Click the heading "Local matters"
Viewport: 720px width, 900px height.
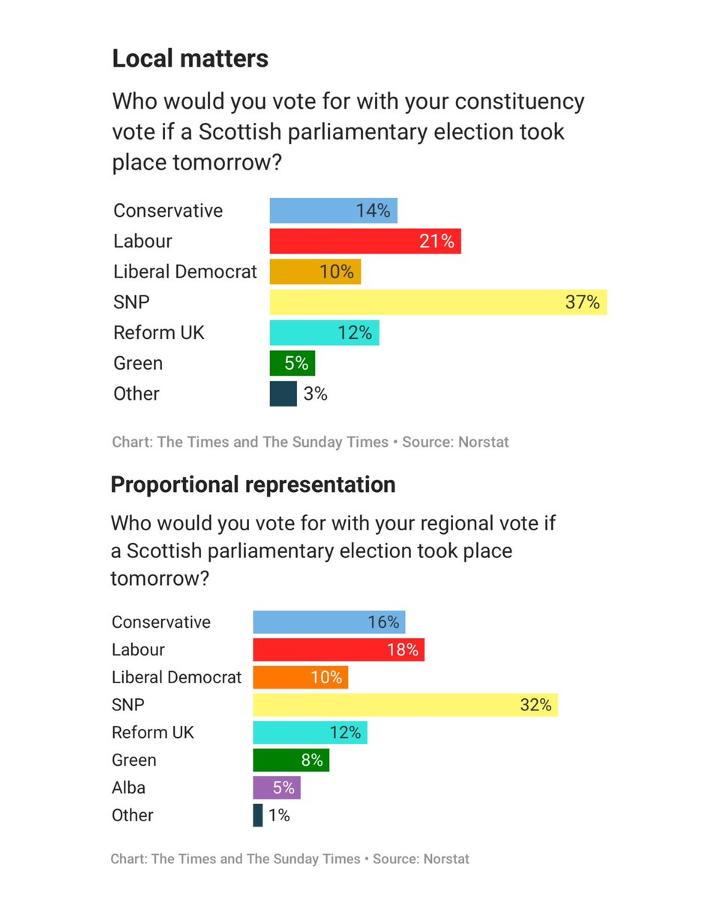point(190,58)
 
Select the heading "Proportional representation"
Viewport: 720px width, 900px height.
point(253,484)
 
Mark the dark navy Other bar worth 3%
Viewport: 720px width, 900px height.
point(283,394)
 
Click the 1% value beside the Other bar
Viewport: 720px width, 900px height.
point(278,815)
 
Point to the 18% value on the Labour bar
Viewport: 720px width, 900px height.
point(403,649)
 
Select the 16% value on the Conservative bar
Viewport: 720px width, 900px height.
point(383,622)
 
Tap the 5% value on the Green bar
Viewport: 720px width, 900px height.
point(296,363)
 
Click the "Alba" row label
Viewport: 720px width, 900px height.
point(128,787)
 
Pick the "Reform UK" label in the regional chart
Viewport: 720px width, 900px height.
point(152,732)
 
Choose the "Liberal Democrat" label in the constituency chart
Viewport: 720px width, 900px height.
point(184,271)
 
